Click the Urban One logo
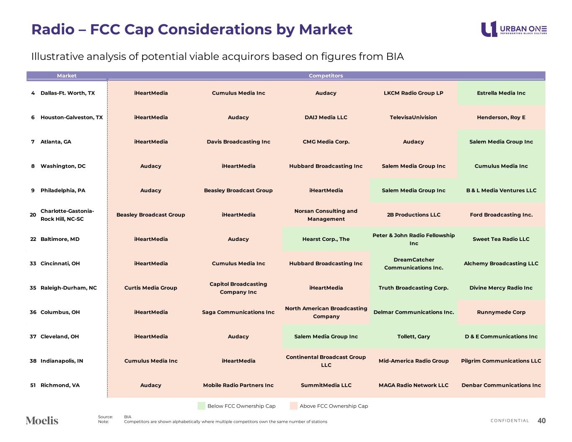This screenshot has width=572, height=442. pos(514,29)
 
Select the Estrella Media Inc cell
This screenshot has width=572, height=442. pos(501,93)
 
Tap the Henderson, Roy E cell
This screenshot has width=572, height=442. pos(501,117)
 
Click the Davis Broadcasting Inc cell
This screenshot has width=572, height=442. pos(238,142)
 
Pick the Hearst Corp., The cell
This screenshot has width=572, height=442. pos(326,239)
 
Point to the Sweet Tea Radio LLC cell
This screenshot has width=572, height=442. pos(501,239)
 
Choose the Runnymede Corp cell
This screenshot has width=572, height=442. pos(501,312)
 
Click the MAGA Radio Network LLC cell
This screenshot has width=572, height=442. pos(414,385)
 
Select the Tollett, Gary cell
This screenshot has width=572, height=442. pos(414,336)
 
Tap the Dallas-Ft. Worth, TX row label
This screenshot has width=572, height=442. pos(67,93)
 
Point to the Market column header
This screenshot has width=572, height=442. pos(67,76)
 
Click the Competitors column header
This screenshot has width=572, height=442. pos(326,76)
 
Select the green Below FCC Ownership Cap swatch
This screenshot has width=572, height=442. pos(202,406)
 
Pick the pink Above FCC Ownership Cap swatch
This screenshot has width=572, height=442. pos(294,406)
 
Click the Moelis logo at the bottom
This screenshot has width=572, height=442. pos(42,421)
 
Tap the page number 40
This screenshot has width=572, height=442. pos(541,421)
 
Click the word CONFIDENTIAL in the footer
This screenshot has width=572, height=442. pos(510,421)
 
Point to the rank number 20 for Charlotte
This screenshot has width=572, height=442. pos(33,215)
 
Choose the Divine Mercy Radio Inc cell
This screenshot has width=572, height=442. pos(501,288)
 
